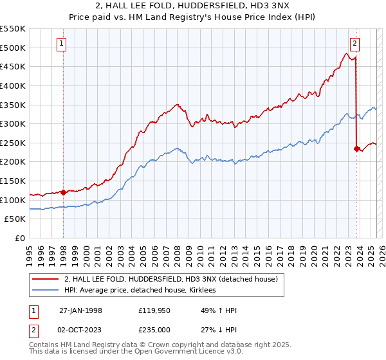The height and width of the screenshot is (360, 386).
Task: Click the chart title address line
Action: [193, 6]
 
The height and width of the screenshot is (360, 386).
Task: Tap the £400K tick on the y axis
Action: [13, 85]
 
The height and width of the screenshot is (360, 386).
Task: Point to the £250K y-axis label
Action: [13, 143]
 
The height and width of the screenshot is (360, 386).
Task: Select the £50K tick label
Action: [15, 219]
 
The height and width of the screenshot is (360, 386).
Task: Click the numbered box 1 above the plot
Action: [61, 44]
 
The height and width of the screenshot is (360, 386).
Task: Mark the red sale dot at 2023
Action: [356, 148]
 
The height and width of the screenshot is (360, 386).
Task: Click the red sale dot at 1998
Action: [64, 192]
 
